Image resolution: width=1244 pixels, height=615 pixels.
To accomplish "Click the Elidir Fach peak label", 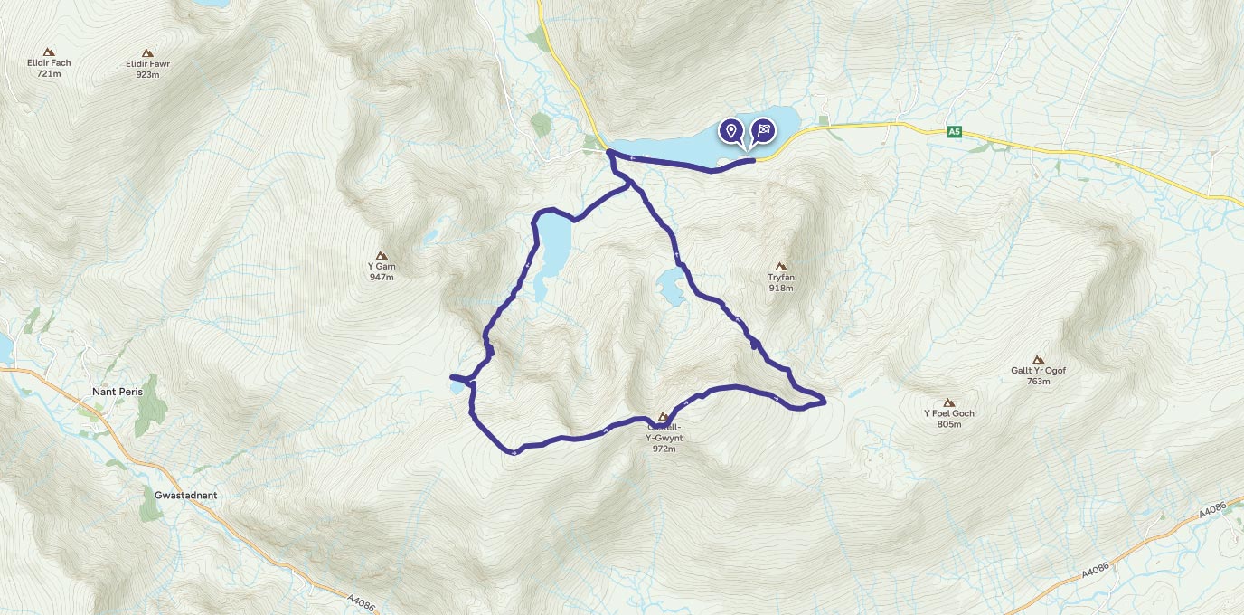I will (49, 63).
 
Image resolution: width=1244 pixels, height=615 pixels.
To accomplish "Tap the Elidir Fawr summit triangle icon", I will (148, 53).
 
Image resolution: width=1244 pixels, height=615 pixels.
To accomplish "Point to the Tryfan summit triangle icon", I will (781, 266).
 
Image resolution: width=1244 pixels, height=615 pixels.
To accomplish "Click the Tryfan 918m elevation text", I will (781, 289).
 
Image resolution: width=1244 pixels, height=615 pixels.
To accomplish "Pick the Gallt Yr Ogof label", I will (1038, 371).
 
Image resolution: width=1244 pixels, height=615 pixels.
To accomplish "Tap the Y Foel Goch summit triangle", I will (948, 402).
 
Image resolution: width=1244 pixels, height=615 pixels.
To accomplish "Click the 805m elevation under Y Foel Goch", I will (948, 424).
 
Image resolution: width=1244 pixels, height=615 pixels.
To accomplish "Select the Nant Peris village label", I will (118, 392).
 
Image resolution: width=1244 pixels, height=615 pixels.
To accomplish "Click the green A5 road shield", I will (954, 132).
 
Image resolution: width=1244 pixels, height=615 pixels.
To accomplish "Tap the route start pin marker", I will (730, 131).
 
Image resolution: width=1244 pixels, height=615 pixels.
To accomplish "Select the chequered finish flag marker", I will (764, 131).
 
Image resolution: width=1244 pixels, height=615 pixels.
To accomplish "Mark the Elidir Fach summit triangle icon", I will (48, 52).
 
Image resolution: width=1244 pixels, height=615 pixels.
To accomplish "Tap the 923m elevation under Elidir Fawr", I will (148, 74).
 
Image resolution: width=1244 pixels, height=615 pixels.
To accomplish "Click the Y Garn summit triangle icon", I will (382, 256).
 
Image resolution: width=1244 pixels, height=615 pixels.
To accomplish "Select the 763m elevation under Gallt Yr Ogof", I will (1038, 382).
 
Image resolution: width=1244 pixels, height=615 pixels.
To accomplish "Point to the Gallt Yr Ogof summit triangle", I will (1038, 359).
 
